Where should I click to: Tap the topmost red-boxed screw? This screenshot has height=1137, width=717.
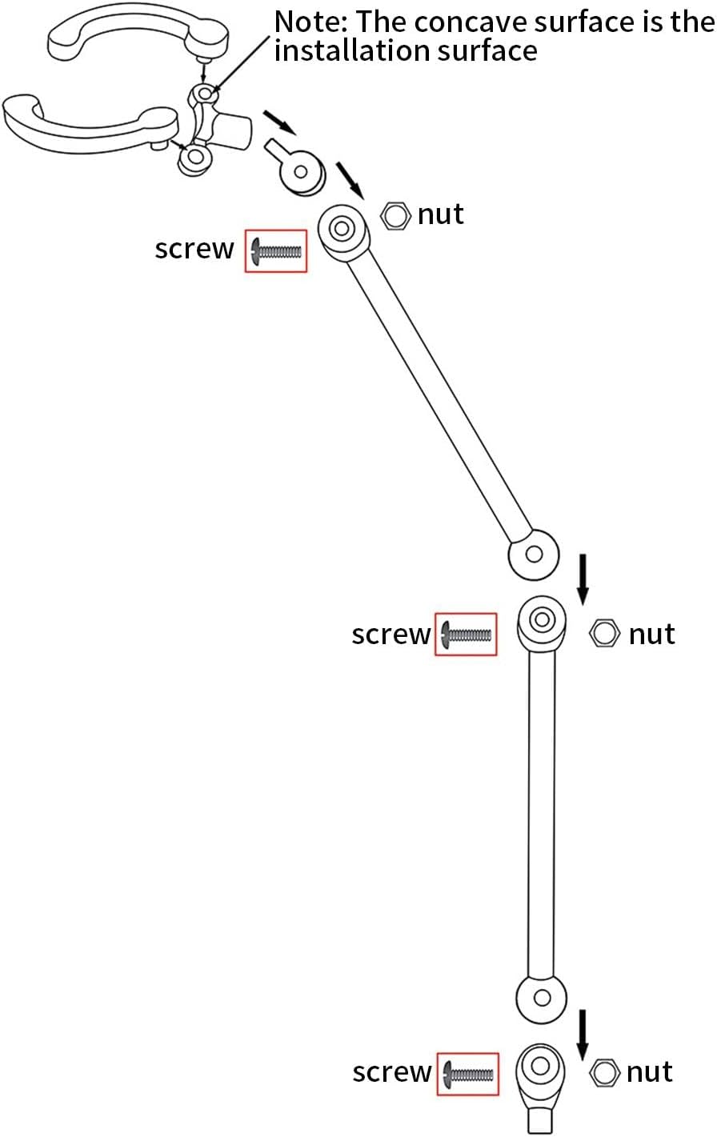coord(276,251)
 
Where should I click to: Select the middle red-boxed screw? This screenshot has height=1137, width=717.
coord(466,635)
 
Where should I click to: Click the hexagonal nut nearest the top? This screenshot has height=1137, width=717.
coord(395,215)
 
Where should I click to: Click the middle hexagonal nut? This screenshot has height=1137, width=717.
coord(603,633)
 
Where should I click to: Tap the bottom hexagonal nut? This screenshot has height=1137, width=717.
coord(603,1072)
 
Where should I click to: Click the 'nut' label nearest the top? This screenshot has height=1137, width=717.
coord(441,214)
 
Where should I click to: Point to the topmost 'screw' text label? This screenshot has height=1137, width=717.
coord(194,250)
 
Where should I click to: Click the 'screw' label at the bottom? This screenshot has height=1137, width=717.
coord(391,1072)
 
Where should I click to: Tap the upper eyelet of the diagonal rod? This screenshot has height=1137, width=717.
coord(343,229)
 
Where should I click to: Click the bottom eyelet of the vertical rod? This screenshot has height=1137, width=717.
coord(542,998)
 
